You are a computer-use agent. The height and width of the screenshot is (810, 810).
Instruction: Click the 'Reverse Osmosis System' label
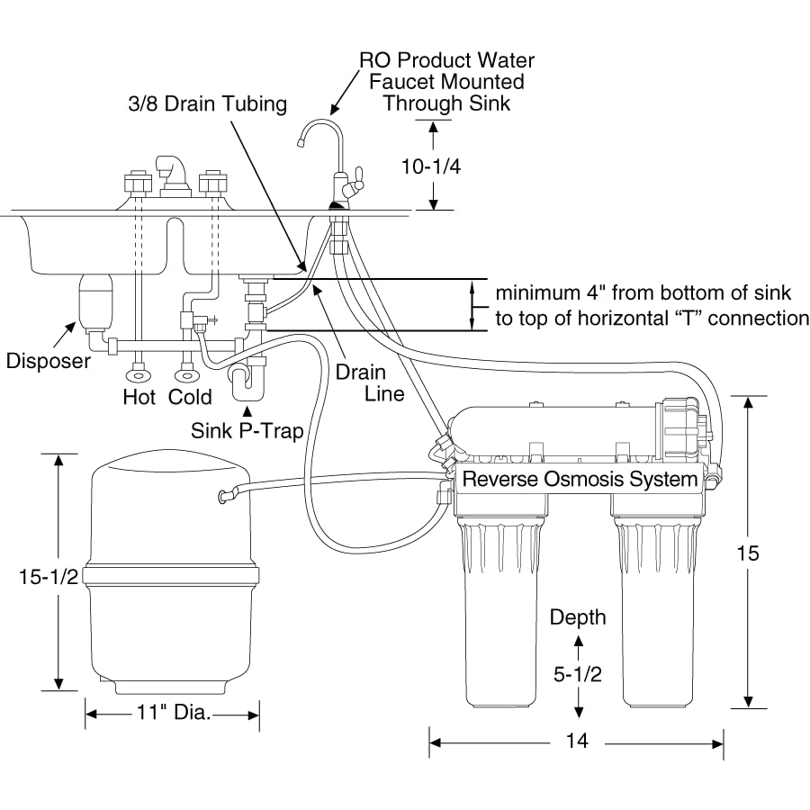coord(580,480)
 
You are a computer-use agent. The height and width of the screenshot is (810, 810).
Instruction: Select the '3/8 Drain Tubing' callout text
coord(207,104)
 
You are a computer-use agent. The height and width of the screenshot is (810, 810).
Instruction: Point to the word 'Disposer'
coord(49,361)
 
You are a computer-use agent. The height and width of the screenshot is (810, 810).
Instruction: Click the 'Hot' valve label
coord(139,397)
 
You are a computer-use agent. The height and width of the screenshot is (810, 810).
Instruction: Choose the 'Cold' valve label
coord(191,397)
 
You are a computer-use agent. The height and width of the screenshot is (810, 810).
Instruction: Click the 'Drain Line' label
coord(360,382)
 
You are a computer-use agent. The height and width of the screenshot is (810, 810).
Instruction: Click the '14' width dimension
coord(577,742)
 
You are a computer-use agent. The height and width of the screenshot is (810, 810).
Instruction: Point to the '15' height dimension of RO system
coord(747,553)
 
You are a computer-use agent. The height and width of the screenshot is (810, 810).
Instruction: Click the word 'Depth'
coord(578,617)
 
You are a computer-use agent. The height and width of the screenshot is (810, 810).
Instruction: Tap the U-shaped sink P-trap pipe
coord(244,382)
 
